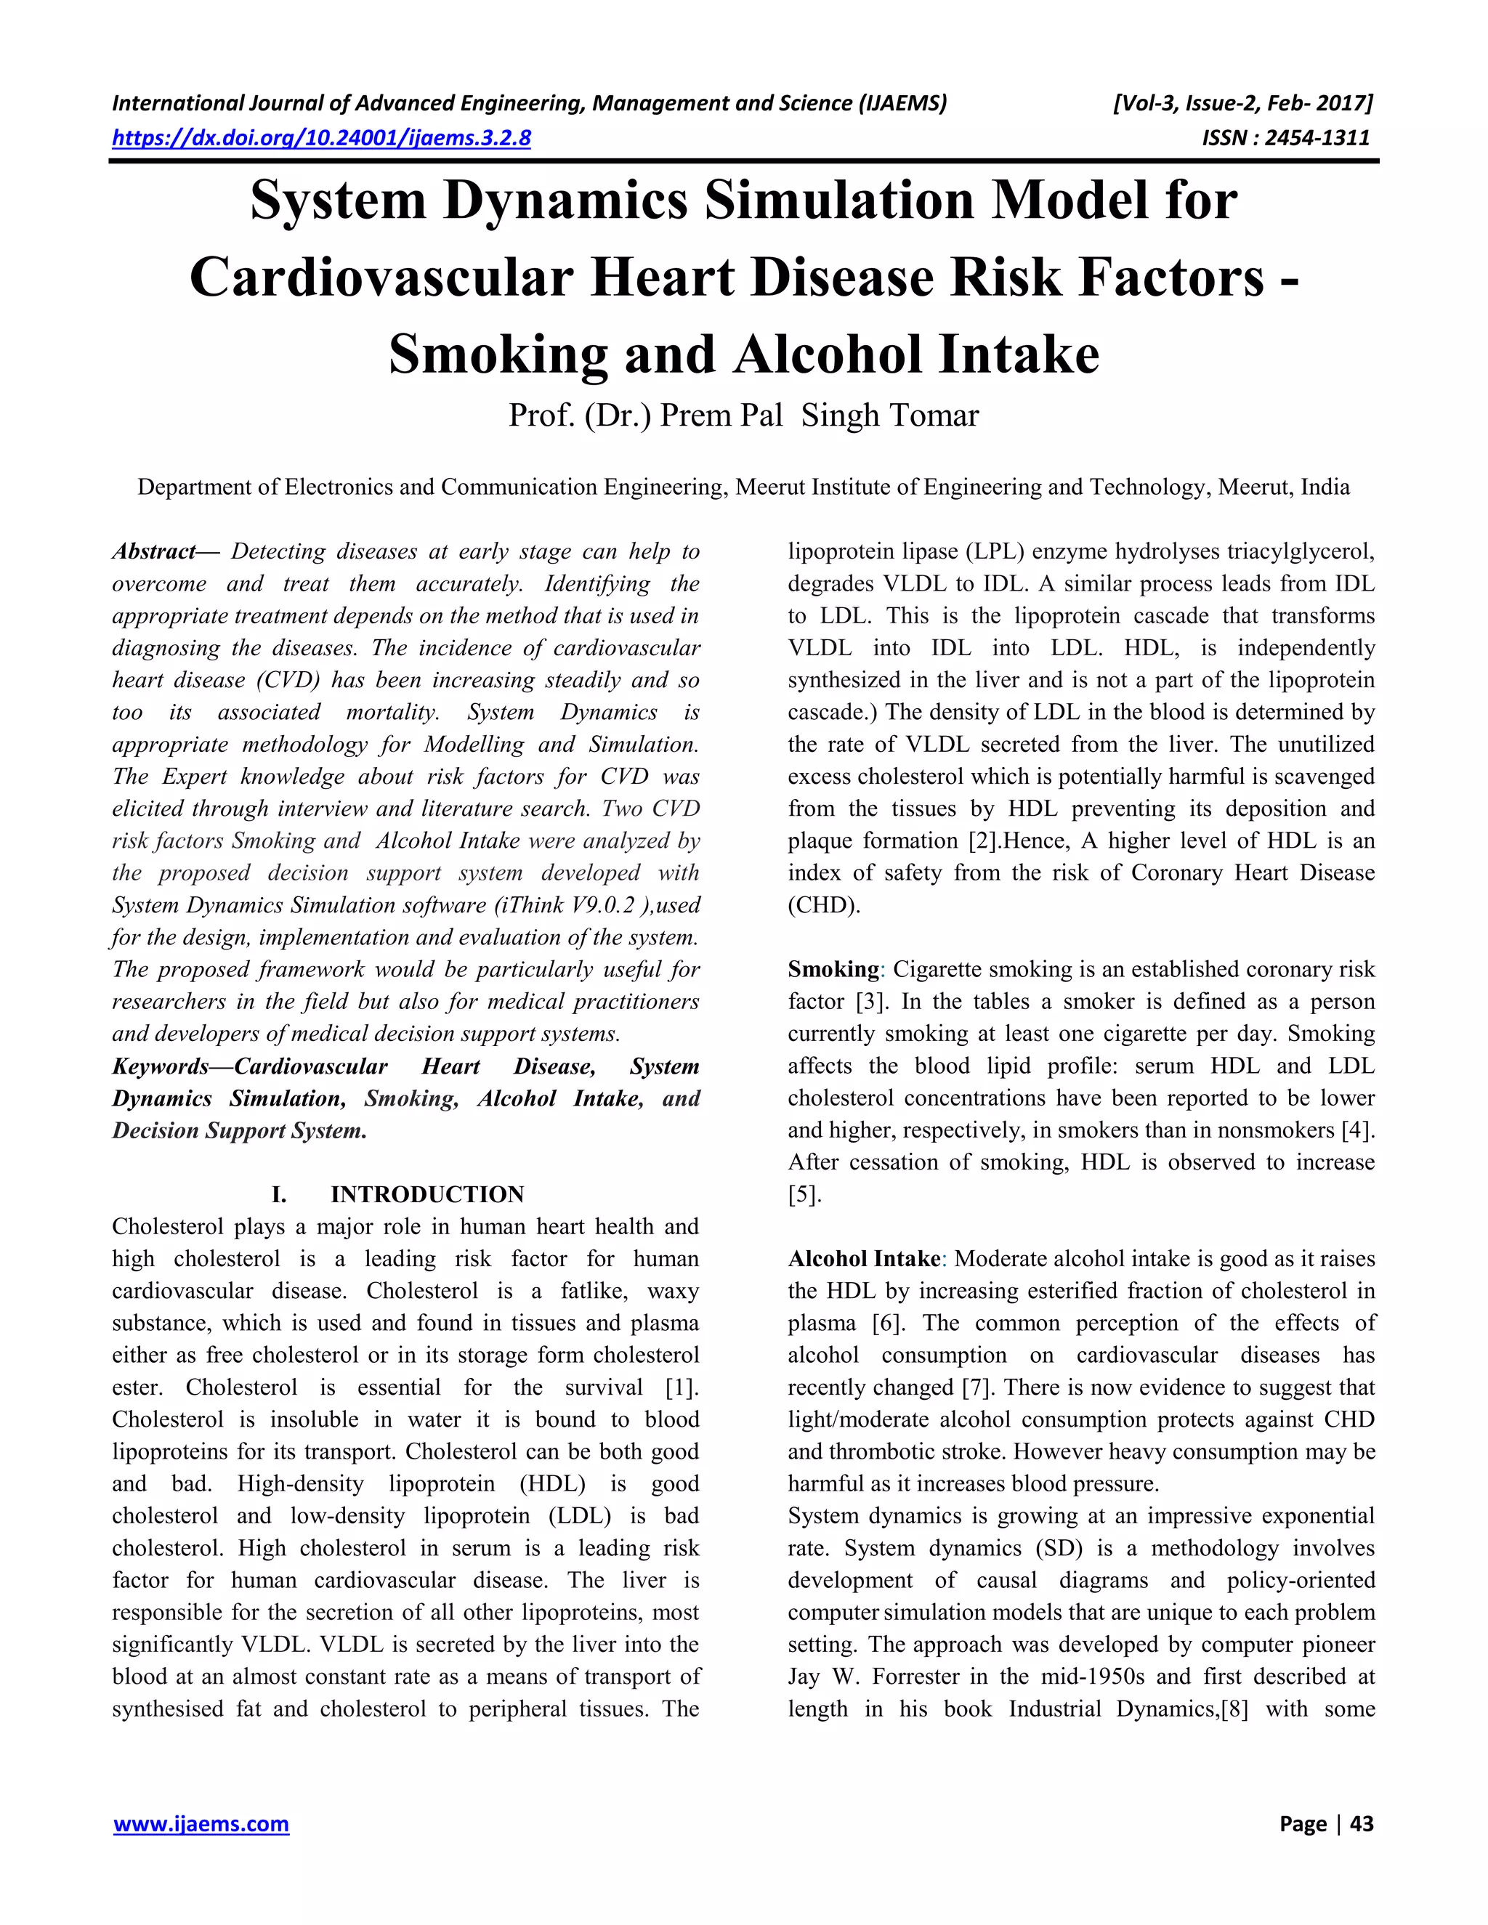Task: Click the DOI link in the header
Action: pyautogui.click(x=322, y=138)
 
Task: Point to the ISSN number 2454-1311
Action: pyautogui.click(x=1317, y=138)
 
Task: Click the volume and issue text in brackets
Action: pyautogui.click(x=1243, y=104)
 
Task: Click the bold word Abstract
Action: pyautogui.click(x=154, y=552)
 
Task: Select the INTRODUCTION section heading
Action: pyautogui.click(x=426, y=1194)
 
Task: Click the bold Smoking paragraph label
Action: pyautogui.click(x=833, y=970)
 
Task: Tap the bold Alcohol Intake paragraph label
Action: pyautogui.click(x=864, y=1259)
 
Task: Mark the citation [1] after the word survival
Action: pyautogui.click(x=682, y=1387)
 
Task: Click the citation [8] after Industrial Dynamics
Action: pyautogui.click(x=1234, y=1709)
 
